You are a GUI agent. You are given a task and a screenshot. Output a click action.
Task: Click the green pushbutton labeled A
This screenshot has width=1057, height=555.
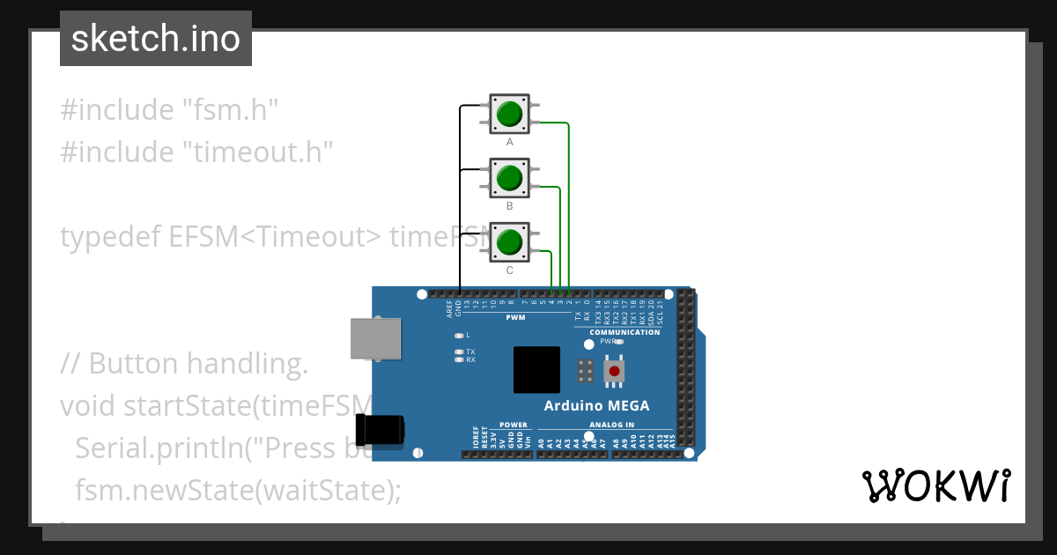click(509, 115)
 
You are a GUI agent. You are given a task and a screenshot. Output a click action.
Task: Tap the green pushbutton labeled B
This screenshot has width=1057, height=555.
click(509, 178)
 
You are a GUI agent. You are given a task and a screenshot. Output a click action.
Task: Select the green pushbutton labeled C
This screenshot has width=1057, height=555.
click(509, 241)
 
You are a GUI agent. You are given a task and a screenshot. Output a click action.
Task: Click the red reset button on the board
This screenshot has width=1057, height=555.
click(614, 372)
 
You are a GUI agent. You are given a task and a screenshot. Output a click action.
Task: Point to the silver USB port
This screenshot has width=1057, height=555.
click(376, 338)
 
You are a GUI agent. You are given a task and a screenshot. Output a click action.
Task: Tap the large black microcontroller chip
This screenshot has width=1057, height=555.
click(536, 369)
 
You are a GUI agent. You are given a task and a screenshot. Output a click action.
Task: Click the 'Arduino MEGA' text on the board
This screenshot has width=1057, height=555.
click(596, 406)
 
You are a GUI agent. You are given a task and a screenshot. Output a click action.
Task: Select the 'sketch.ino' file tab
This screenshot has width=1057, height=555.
click(156, 39)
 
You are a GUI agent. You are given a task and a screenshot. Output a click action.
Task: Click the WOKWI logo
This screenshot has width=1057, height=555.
click(936, 485)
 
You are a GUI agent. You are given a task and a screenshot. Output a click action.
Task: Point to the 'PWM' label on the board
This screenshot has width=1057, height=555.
click(515, 316)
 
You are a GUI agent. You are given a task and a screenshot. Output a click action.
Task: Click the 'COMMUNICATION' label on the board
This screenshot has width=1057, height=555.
click(625, 332)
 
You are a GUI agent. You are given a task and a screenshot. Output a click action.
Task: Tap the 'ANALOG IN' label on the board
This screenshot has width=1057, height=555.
click(611, 425)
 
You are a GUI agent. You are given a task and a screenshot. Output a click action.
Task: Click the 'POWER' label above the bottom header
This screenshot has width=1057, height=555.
click(514, 425)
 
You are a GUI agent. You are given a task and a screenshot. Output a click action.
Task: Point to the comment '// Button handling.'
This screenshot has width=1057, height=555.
click(184, 363)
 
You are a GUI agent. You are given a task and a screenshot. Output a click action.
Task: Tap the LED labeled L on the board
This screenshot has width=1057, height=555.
click(459, 336)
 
